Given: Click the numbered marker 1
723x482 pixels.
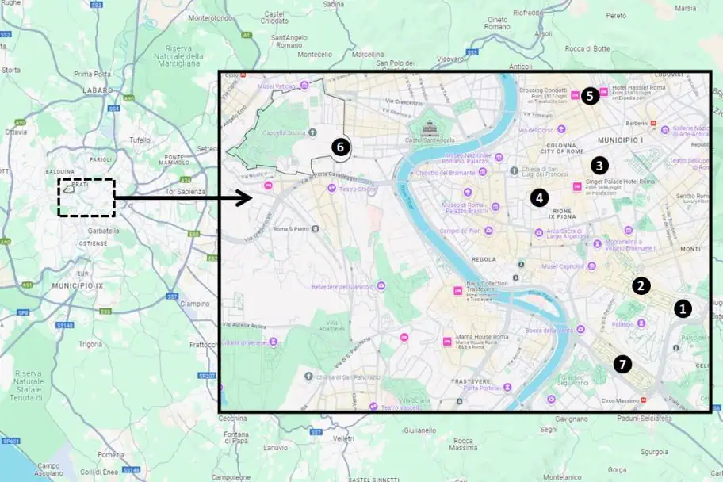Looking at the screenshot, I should [683, 308].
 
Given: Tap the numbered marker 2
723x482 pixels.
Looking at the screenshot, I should [641, 285].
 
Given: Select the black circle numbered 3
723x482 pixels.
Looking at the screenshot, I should [599, 166].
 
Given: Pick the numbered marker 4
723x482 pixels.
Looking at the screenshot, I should [540, 197].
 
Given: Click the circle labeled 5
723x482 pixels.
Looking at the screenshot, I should [588, 96].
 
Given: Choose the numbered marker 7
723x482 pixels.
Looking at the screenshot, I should [623, 364].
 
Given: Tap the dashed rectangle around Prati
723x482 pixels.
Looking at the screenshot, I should [86, 197].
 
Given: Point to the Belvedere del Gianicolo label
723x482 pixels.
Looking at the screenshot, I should [342, 285].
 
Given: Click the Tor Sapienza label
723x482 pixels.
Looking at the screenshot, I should [188, 192].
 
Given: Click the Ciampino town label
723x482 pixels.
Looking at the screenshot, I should [195, 303].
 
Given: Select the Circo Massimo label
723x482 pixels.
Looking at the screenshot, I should [622, 400].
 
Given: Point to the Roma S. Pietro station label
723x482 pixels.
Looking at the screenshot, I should [290, 228].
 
